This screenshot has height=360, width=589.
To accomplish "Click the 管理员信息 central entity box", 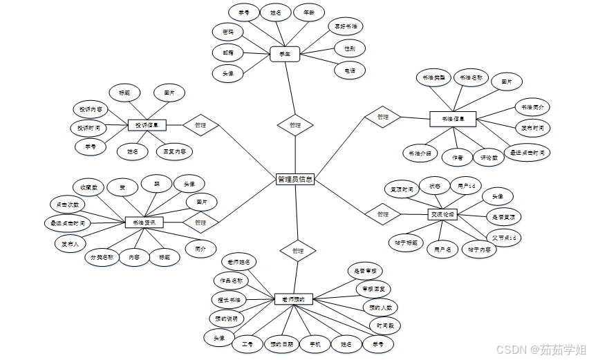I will tap(295, 180).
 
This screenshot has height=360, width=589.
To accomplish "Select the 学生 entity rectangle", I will tap(284, 54).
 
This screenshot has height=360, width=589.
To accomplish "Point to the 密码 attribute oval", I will tap(228, 32).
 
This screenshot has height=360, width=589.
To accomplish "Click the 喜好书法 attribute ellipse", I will tap(346, 27).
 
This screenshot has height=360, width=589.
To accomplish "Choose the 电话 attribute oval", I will tap(349, 70).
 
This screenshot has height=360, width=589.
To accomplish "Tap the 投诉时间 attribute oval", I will tap(88, 128).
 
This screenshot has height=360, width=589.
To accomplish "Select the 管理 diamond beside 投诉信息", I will tap(200, 125).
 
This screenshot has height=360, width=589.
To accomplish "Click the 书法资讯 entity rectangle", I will tap(144, 222).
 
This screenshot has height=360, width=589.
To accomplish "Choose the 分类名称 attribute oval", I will tap(100, 257).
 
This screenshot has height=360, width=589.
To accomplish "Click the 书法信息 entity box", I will tap(453, 119).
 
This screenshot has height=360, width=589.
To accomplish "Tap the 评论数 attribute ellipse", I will tap(490, 158).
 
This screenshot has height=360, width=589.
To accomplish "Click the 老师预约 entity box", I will tap(294, 299).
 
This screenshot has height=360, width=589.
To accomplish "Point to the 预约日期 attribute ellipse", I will tap(282, 343).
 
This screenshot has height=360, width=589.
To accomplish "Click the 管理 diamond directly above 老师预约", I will tap(298, 250).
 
